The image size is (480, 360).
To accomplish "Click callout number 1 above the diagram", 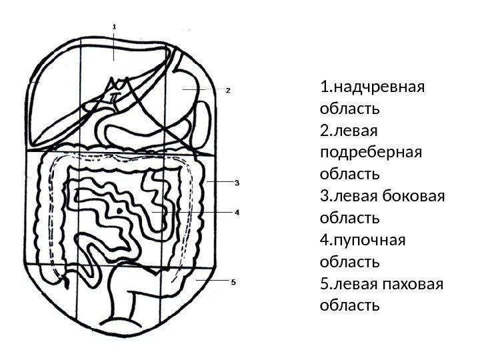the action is click(114, 27).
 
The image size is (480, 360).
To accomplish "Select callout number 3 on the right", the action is click(235, 181).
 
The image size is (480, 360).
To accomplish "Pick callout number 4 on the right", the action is click(235, 211).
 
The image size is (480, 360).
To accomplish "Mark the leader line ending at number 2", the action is click(203, 89).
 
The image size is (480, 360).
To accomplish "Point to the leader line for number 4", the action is click(193, 211).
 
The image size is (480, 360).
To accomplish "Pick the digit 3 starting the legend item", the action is click(324, 196).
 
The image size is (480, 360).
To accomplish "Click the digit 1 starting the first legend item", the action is click(324, 87).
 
